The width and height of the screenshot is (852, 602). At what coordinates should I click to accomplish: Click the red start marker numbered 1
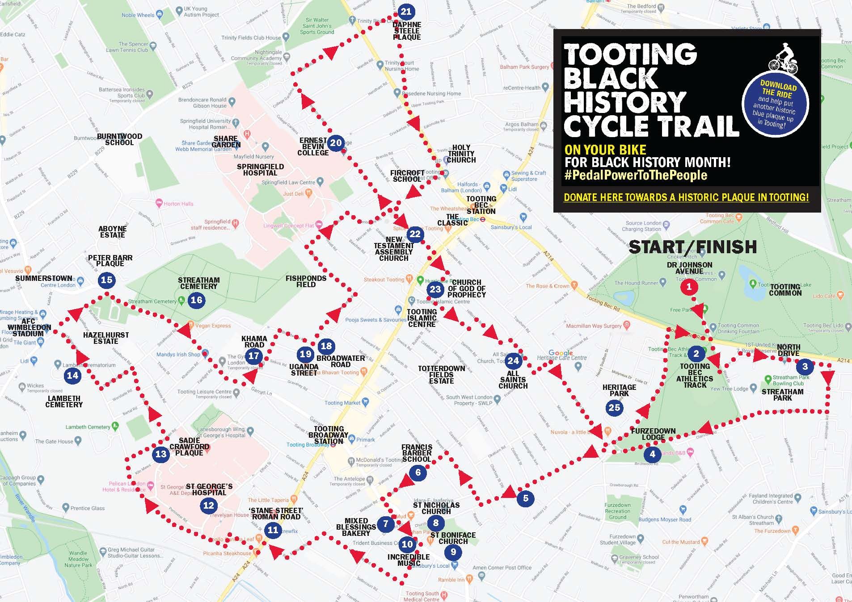coord(688,287)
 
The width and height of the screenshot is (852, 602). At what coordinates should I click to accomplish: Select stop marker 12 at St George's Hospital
coord(209,505)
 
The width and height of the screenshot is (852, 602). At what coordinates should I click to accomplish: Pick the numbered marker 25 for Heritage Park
coord(615,407)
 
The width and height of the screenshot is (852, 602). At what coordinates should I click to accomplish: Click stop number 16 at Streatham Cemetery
coord(197,300)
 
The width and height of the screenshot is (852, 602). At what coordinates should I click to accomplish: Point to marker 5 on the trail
coord(525,498)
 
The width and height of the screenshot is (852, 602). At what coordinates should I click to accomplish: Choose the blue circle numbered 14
coord(72,376)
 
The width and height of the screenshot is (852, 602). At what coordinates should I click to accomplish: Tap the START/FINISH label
coord(692,247)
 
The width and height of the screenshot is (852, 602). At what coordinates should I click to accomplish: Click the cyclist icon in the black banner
coord(783,59)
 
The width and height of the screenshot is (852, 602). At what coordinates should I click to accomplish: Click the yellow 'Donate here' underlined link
coord(686,197)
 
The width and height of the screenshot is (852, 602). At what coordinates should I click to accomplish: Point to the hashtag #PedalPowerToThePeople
coord(636,175)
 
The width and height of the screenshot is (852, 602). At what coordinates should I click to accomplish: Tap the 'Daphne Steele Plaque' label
coord(407,31)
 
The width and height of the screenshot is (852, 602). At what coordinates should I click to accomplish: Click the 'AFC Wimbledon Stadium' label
coord(28,327)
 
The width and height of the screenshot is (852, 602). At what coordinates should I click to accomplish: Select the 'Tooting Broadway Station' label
coord(328,435)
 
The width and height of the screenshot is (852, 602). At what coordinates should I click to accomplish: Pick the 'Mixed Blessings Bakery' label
coord(356,527)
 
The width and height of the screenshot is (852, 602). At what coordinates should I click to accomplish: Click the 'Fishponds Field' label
coord(306,281)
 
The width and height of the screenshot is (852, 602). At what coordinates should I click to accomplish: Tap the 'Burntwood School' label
coord(119,139)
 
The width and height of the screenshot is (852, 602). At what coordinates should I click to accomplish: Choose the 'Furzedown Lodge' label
coord(653,434)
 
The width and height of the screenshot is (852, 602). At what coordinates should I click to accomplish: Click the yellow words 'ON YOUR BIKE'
coord(605,150)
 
